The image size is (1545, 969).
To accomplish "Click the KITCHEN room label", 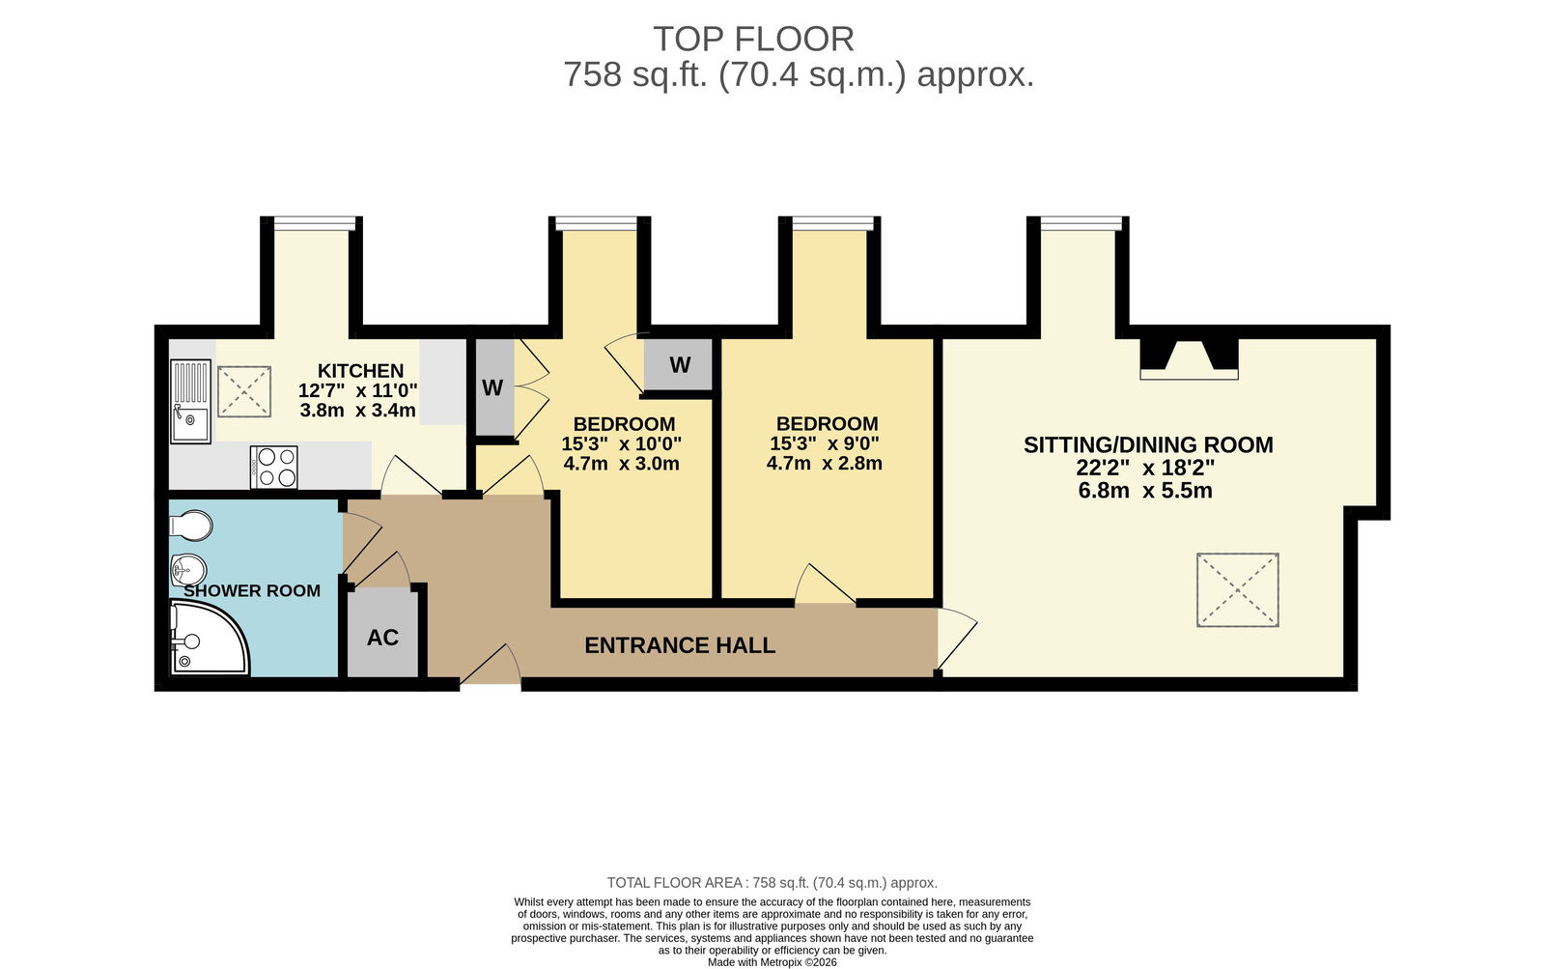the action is [x=360, y=371].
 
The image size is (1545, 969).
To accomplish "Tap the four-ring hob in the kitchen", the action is [x=274, y=468].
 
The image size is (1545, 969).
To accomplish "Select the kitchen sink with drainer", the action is [x=190, y=401].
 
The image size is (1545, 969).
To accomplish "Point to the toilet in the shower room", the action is [x=190, y=526].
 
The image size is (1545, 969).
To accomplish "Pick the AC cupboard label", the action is [x=382, y=638].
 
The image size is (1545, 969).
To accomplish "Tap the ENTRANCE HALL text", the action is [x=680, y=645].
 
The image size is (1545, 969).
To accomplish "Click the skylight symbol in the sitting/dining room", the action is [x=1238, y=590].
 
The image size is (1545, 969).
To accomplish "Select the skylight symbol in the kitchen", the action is [x=244, y=391].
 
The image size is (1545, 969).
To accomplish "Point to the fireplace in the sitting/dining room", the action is [x=1189, y=358].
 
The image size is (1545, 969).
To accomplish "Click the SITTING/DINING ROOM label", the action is [x=1148, y=445].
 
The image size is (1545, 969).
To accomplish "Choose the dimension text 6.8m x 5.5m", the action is [x=1145, y=491].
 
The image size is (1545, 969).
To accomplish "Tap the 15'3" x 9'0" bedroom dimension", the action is [x=825, y=443].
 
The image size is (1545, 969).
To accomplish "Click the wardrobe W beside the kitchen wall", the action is [x=492, y=387].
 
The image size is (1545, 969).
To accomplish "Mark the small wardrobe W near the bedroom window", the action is [x=680, y=364].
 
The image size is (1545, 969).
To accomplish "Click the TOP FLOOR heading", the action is [x=753, y=40].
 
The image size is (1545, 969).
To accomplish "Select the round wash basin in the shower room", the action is [x=188, y=570].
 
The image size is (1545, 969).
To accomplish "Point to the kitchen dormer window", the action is [x=315, y=223].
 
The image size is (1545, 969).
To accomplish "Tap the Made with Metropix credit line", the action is [x=772, y=962].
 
